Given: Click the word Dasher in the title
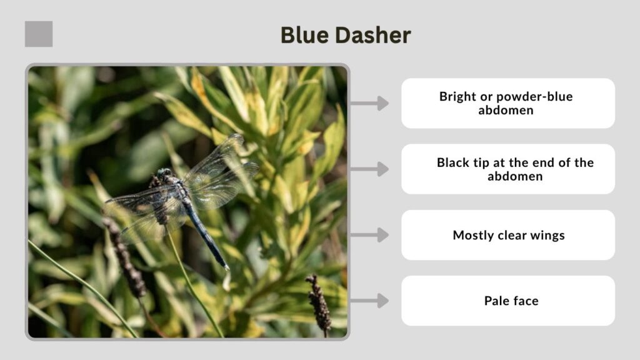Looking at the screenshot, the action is click(372, 35).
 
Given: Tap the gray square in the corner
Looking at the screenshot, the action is click(39, 34).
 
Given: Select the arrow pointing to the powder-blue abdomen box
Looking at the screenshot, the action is click(370, 103).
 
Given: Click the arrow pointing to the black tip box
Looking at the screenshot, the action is click(370, 169).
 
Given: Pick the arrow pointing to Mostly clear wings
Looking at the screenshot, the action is click(370, 235).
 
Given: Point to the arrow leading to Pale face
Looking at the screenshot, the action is click(370, 301).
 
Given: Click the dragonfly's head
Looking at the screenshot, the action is click(164, 174).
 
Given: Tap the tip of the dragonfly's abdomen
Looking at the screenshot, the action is click(227, 267).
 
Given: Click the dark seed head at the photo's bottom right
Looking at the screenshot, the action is click(319, 302).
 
